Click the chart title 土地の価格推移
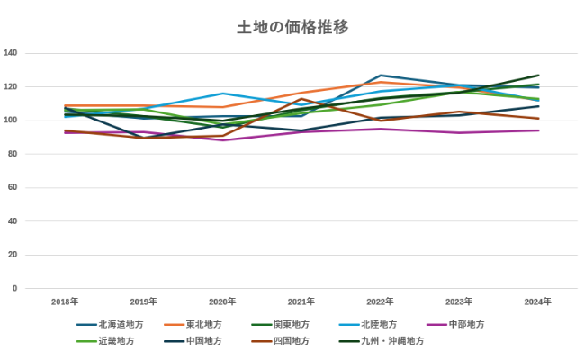(x=292, y=28)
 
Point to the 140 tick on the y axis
(x=11, y=53)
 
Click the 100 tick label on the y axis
(x=11, y=121)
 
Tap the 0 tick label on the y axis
(x=15, y=289)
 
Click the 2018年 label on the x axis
(x=65, y=301)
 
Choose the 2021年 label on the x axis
(x=301, y=301)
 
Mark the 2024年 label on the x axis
(x=537, y=301)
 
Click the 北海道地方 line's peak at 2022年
(x=381, y=76)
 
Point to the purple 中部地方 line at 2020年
(x=222, y=139)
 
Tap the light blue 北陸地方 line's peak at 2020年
(x=222, y=94)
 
